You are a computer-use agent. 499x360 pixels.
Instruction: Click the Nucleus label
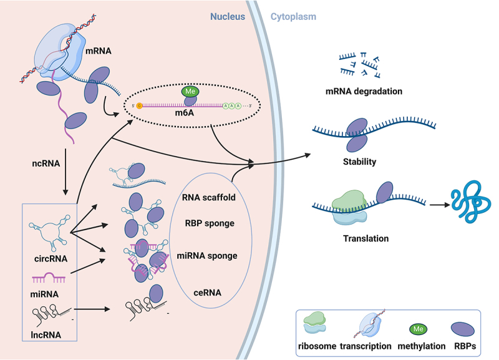coord(228,17)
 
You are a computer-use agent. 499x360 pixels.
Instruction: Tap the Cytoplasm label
coord(293,17)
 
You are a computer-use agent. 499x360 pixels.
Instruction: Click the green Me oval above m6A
coord(190,92)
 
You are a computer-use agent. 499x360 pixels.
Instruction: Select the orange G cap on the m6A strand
coord(139,105)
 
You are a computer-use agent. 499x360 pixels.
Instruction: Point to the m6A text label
coord(184,113)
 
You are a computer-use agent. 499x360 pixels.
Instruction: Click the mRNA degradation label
coord(364,92)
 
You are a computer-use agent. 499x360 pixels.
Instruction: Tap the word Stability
coord(360,162)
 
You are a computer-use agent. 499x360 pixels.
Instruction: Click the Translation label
coord(366,238)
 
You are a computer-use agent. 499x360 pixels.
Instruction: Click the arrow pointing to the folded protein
coord(440,205)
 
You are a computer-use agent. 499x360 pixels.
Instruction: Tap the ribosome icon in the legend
coord(314,323)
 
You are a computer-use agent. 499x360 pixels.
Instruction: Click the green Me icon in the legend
coord(418,329)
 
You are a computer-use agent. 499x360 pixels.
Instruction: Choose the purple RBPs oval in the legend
coord(463,329)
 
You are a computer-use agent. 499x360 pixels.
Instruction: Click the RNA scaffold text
coord(209,197)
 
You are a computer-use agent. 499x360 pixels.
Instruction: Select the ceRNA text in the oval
coord(208,293)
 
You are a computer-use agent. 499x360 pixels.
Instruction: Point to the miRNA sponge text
coord(207,256)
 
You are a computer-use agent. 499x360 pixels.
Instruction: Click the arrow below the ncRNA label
coord(65,172)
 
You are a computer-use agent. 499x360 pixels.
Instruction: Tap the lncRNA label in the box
coord(46,335)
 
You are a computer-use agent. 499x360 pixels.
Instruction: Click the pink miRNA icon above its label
coord(49,278)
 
